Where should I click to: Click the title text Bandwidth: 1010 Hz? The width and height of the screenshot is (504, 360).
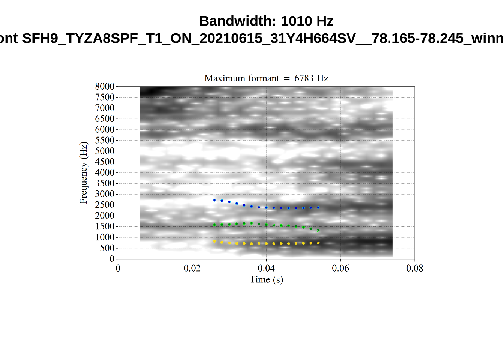(266, 21)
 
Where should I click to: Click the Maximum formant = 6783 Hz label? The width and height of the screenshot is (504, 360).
(266, 78)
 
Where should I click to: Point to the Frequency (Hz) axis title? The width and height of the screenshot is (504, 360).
(83, 172)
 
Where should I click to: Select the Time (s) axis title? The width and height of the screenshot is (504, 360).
(266, 279)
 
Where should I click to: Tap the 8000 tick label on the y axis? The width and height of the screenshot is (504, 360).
(105, 87)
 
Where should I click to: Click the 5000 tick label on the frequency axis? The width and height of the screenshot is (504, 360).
(105, 151)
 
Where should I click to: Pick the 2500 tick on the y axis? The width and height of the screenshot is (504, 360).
(105, 205)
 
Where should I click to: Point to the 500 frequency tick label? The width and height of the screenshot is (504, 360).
(107, 248)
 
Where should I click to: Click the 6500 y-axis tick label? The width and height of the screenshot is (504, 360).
(105, 119)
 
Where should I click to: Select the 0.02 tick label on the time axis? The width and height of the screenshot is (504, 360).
(192, 268)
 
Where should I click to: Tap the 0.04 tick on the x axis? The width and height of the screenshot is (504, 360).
(266, 268)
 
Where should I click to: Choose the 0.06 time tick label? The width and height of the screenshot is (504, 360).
(340, 268)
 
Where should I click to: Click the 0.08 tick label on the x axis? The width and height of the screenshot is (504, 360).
(414, 268)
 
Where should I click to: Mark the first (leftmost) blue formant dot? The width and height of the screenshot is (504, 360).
(214, 200)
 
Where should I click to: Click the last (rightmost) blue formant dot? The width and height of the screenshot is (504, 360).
(318, 208)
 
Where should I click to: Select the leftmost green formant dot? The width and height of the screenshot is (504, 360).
(214, 225)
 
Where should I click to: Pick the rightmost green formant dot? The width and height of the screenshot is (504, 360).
(318, 230)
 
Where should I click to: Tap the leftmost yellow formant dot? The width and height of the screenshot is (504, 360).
(214, 241)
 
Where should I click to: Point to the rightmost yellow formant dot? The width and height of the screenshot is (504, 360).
(318, 243)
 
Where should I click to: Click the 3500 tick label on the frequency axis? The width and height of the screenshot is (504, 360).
(105, 183)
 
